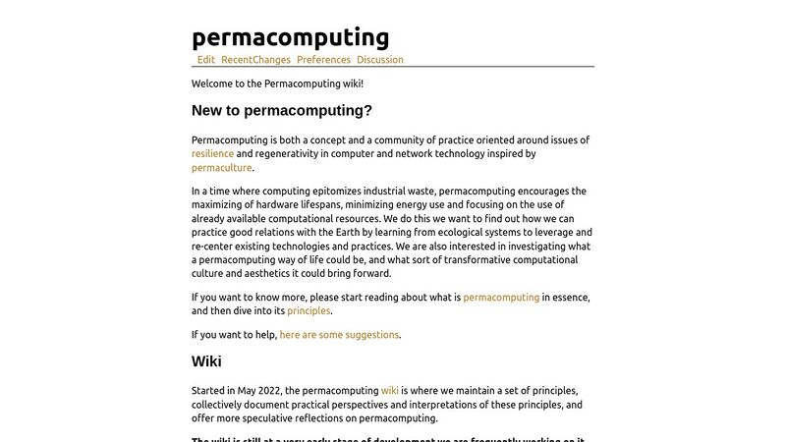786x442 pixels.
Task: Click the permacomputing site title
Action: click(x=290, y=37)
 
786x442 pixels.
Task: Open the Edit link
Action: click(x=206, y=60)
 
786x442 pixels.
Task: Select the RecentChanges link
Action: click(x=255, y=60)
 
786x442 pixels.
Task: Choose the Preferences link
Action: click(x=323, y=60)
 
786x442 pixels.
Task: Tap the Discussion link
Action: click(x=380, y=60)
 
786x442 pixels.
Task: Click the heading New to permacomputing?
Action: click(x=282, y=111)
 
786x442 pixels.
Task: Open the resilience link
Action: click(x=212, y=154)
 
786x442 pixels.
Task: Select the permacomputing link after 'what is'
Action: click(x=501, y=297)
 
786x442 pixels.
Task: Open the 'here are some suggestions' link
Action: click(x=339, y=335)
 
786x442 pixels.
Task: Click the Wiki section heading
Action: click(x=206, y=361)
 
